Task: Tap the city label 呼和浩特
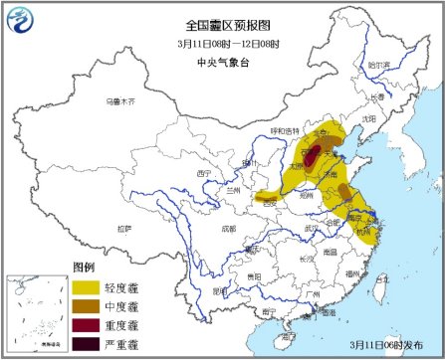(284, 130)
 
